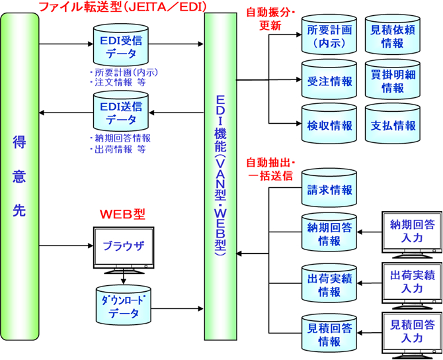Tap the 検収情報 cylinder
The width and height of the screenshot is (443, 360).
329,125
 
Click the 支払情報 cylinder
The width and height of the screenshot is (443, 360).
393,125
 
